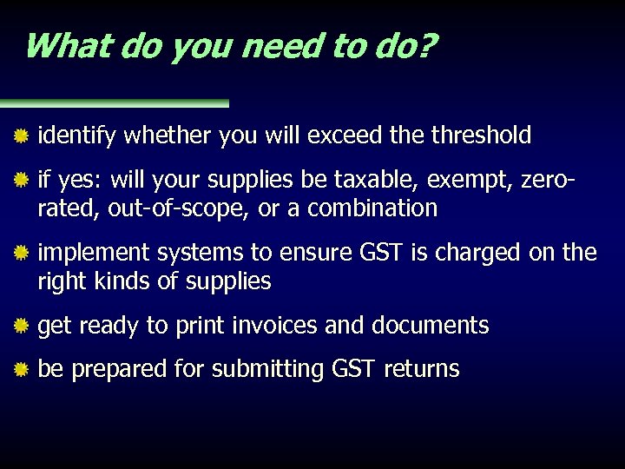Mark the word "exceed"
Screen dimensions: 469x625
coord(341,135)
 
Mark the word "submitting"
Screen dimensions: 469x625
coord(268,369)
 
